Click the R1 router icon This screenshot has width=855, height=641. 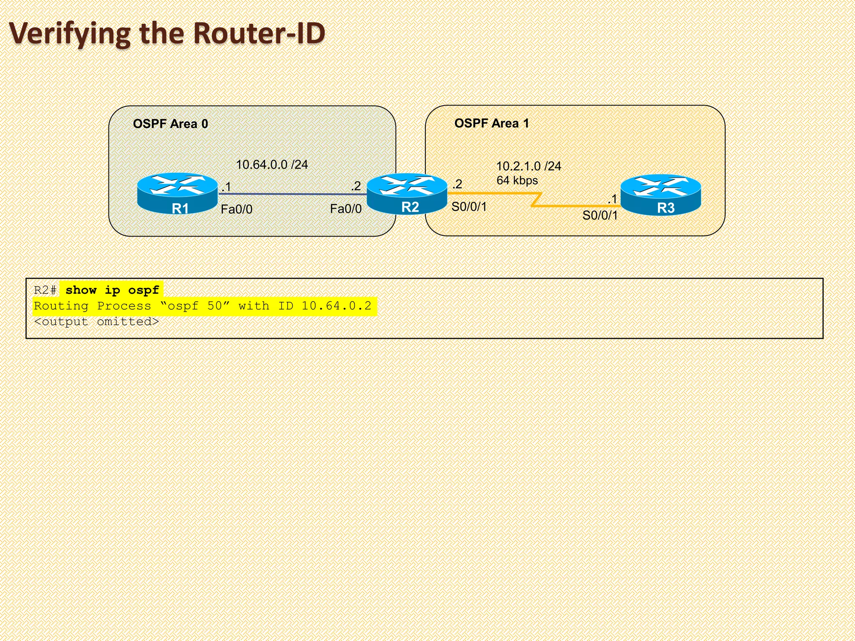pos(177,193)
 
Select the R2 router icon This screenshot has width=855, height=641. pos(407,193)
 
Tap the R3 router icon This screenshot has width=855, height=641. pos(661,194)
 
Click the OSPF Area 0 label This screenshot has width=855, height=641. pos(170,124)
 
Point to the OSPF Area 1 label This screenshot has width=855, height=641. pos(491,124)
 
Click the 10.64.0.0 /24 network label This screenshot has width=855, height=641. pos(272,165)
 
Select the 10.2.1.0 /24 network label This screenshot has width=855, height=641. pos(528,166)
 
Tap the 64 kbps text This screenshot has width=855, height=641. pos(517,181)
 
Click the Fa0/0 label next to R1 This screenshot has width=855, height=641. pos(236,209)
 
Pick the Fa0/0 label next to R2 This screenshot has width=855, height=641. pos(346,209)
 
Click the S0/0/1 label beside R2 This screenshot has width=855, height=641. pos(469,207)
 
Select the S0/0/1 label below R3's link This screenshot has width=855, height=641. pos(600,216)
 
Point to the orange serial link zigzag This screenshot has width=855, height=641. pos(536,200)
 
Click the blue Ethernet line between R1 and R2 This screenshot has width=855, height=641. pos(292,194)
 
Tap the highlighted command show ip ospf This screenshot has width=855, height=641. pos(112,290)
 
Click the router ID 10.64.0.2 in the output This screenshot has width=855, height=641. pos(336,306)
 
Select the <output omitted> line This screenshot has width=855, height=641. pos(96,322)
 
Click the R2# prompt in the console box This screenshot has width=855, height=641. pos(45,290)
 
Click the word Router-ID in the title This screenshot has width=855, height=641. pos(259,33)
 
